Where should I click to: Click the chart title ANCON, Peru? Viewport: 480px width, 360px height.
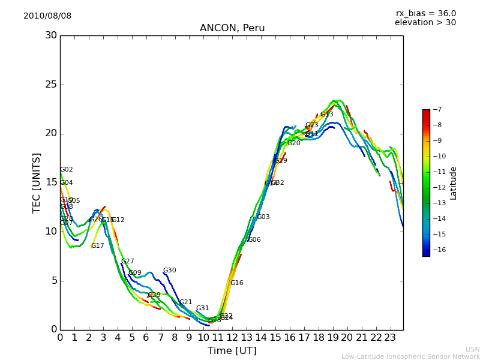pos(232,28)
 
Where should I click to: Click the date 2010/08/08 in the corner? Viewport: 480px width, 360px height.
pos(47,16)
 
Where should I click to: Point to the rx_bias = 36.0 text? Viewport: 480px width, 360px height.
pos(425,14)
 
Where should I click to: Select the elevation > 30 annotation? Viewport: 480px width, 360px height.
pos(425,23)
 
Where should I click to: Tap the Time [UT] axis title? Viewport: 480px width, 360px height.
pos(232,351)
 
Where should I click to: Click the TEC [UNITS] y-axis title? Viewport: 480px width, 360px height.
pos(37,182)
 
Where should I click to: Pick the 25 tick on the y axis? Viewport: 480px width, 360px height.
pos(51,85)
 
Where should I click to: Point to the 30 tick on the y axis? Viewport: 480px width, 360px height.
pos(51,35)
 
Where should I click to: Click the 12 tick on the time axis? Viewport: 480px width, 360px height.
pos(232,338)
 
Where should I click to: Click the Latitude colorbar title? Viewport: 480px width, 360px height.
pos(454,182)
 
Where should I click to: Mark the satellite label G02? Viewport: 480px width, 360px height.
pos(67,170)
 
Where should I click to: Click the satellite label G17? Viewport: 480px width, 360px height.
pos(98,246)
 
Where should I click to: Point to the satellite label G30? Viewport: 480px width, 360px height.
pos(170,271)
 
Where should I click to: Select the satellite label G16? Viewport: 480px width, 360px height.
pos(237,283)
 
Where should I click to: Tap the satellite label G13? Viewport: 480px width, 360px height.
pos(326,115)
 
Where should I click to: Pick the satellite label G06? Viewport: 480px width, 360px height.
pos(254,240)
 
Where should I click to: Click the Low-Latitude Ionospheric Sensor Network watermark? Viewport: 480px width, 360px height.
pos(410,357)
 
